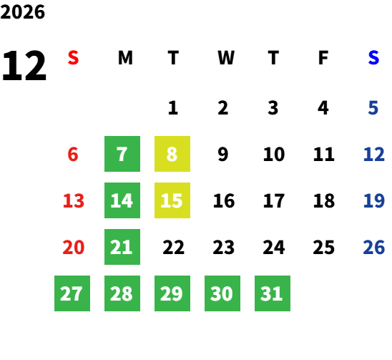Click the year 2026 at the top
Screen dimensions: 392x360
(22, 12)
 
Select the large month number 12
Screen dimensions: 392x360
(24, 65)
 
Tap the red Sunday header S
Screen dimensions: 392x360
(73, 57)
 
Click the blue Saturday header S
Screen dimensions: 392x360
(373, 57)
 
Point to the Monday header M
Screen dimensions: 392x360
(125, 58)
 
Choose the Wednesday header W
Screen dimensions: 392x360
(226, 58)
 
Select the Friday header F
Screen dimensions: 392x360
(323, 58)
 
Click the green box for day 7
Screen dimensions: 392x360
(122, 154)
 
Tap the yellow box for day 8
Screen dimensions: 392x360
(172, 154)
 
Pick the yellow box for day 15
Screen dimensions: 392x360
(172, 200)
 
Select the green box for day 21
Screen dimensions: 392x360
(122, 247)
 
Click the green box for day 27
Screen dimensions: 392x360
(72, 293)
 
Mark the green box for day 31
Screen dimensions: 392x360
(273, 293)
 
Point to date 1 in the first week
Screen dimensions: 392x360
(173, 108)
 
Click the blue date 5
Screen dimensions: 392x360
(373, 108)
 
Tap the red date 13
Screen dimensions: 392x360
(74, 200)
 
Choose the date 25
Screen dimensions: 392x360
(324, 247)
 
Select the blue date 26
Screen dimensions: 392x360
(373, 247)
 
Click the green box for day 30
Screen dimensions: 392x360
(222, 293)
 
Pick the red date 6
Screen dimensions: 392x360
(73, 154)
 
